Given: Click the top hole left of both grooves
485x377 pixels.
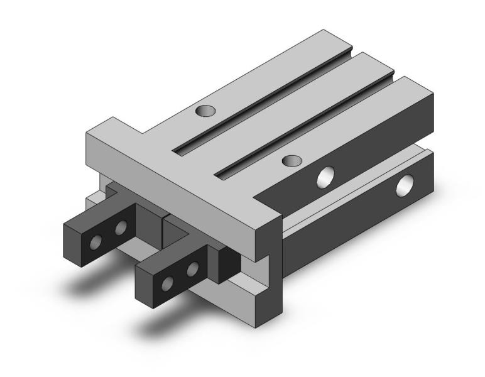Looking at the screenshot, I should (x=205, y=111).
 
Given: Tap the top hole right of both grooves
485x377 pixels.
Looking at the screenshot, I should (x=291, y=161).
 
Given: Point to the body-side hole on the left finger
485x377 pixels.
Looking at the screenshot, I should (x=121, y=226).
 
